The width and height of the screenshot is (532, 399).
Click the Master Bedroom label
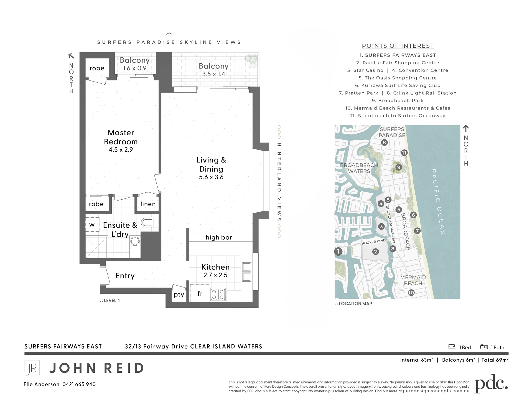click(121, 137)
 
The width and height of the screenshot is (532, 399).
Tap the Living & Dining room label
click(211, 164)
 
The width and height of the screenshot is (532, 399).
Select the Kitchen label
click(215, 267)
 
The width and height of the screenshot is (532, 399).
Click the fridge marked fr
click(200, 293)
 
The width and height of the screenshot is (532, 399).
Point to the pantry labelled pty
click(179, 295)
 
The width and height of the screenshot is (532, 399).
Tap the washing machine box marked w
click(92, 225)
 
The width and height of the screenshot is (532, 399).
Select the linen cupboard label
click(148, 204)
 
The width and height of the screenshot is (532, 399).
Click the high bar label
click(219, 237)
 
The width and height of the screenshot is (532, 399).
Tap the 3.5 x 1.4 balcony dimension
click(213, 74)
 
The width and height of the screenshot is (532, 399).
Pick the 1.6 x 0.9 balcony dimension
click(135, 68)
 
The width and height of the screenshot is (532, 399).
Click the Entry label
click(125, 276)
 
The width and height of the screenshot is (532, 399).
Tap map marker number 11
click(404, 153)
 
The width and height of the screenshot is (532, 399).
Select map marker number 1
click(338, 251)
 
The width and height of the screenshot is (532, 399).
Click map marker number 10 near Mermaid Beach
click(411, 293)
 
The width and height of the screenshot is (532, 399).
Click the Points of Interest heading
click(398, 46)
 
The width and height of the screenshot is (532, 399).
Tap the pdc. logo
click(491, 383)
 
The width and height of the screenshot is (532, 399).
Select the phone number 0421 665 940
click(79, 384)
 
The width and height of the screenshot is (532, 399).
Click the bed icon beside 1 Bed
click(452, 347)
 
